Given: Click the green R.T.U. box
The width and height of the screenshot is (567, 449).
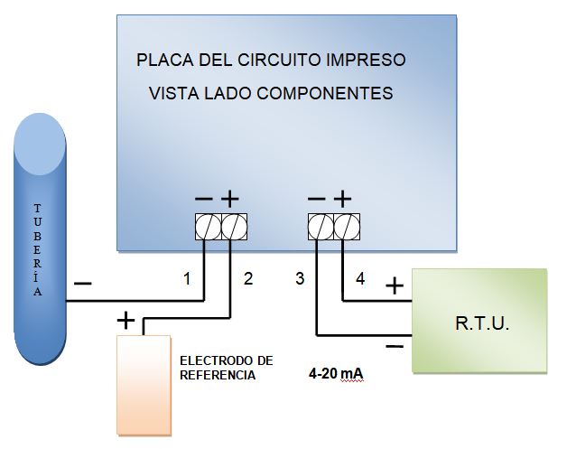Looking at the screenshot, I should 479,321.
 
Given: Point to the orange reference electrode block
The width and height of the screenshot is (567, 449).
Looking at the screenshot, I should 144,384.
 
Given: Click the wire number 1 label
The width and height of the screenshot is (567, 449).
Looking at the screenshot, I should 187,279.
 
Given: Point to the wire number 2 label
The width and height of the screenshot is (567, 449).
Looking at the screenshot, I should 248,279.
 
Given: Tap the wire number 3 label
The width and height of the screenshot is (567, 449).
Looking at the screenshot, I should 300,279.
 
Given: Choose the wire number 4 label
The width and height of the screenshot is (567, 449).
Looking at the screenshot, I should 360,279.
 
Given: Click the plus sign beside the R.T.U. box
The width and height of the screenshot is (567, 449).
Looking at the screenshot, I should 395,286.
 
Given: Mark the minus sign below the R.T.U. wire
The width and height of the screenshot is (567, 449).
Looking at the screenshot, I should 395,346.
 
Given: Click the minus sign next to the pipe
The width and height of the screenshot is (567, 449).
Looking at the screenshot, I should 82,284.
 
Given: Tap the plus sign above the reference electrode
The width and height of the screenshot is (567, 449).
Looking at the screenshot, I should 125,319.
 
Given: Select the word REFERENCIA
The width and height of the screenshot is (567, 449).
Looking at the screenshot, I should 217,374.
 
